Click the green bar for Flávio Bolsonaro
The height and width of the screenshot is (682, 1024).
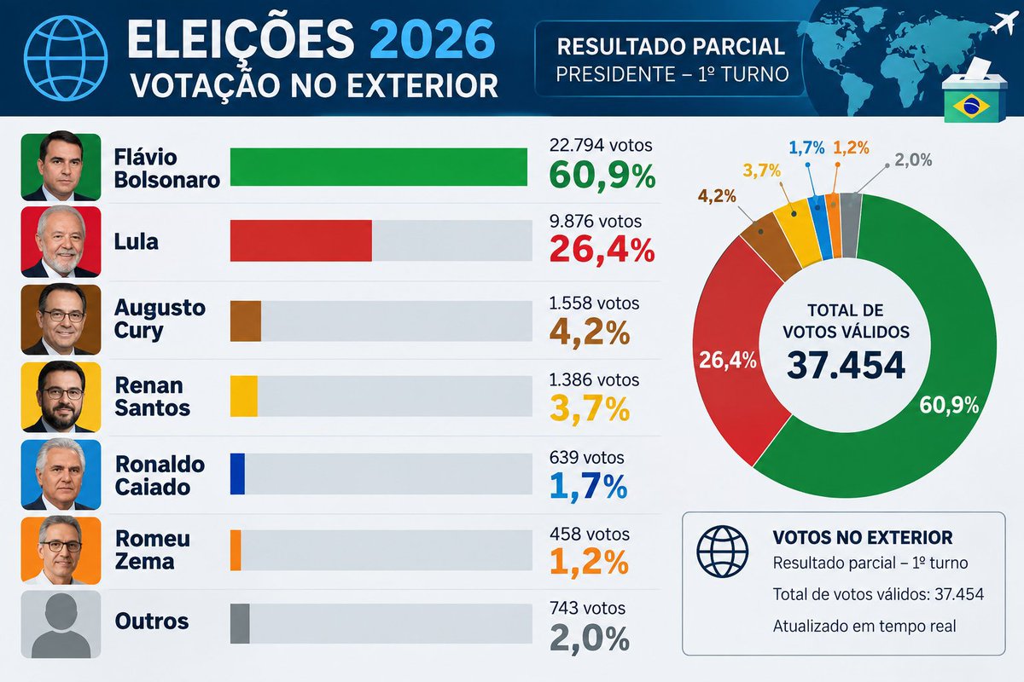pyautogui.click(x=379, y=167)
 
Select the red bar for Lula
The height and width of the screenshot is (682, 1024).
pyautogui.click(x=300, y=240)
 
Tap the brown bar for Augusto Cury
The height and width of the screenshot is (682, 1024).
pyautogui.click(x=246, y=321)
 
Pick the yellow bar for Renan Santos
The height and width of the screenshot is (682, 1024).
pyautogui.click(x=244, y=396)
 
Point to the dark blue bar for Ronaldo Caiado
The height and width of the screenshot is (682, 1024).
pyautogui.click(x=237, y=474)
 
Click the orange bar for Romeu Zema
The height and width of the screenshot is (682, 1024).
pyautogui.click(x=236, y=550)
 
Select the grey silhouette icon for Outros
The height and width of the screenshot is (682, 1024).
pyautogui.click(x=61, y=624)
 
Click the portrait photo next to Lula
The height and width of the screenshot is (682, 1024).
pyautogui.click(x=61, y=241)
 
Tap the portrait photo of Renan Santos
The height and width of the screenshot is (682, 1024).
pyautogui.click(x=61, y=397)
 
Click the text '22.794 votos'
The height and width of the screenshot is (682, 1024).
pyautogui.click(x=601, y=145)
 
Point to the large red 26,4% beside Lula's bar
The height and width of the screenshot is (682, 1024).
pyautogui.click(x=602, y=250)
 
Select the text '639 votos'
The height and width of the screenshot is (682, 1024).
pyautogui.click(x=586, y=457)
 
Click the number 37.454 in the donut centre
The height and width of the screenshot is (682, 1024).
pyautogui.click(x=846, y=365)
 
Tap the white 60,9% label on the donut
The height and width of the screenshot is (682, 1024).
pyautogui.click(x=949, y=405)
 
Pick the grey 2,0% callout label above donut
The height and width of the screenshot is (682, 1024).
pyautogui.click(x=913, y=160)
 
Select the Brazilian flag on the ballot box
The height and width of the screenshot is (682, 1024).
pyautogui.click(x=971, y=106)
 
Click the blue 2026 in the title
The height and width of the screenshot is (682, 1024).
pyautogui.click(x=433, y=39)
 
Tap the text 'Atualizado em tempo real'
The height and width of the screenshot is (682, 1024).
pyautogui.click(x=864, y=626)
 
